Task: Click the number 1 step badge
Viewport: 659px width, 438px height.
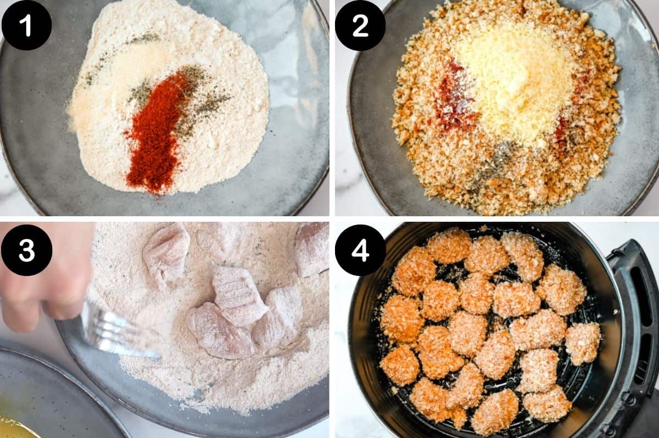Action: coord(26,25)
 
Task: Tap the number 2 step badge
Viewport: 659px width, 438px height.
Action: coord(360,25)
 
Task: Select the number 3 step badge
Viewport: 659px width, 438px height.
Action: coord(26,250)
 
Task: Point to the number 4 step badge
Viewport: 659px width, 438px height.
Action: coord(360,250)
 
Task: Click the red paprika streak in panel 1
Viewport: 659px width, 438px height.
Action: coord(154,137)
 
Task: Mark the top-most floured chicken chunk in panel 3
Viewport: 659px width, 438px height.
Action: coord(167,250)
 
